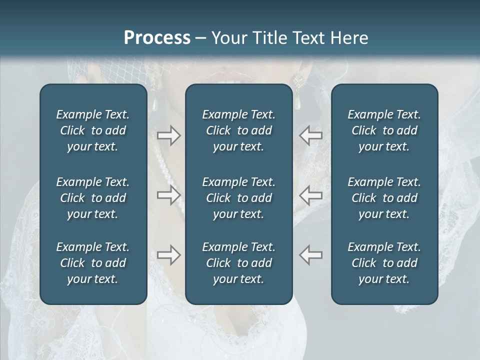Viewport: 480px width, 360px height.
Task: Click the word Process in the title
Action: click(157, 38)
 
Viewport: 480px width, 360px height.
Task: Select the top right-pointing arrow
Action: click(169, 135)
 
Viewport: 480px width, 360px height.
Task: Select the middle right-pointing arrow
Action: click(169, 195)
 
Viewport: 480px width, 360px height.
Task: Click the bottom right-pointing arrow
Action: click(169, 254)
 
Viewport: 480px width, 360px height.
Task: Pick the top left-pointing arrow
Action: click(310, 135)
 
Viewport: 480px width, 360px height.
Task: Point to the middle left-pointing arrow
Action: click(310, 195)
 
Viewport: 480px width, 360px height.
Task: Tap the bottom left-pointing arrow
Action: click(310, 254)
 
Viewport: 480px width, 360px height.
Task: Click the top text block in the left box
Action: click(93, 130)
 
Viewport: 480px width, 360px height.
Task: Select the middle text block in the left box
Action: click(93, 198)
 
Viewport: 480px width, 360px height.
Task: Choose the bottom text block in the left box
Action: click(93, 263)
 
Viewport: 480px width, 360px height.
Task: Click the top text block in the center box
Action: click(238, 130)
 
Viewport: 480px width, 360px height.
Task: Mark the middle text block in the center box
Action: click(238, 198)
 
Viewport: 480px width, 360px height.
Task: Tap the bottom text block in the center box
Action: click(238, 263)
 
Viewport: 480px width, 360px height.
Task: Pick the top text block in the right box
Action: click(384, 130)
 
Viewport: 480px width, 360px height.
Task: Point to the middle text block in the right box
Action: click(384, 198)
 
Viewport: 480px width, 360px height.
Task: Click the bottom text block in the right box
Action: click(384, 263)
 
